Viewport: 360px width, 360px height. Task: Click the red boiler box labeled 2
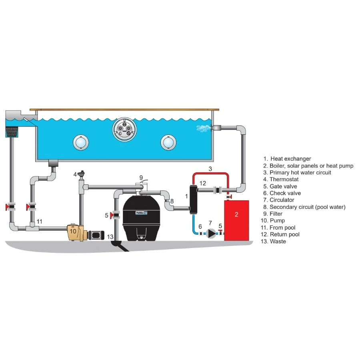pos(236,220)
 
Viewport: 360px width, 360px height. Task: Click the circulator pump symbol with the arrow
pos(210,234)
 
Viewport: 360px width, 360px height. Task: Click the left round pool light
pos(80,142)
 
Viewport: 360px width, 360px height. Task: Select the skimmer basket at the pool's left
pos(13,131)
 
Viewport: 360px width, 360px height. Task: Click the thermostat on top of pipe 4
pos(82,175)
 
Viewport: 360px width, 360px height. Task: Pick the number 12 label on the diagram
pos(203,183)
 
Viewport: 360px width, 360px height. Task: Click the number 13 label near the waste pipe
pos(110,237)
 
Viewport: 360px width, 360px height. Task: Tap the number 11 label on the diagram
pos(39,221)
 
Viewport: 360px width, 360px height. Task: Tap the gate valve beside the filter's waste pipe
pos(115,216)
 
